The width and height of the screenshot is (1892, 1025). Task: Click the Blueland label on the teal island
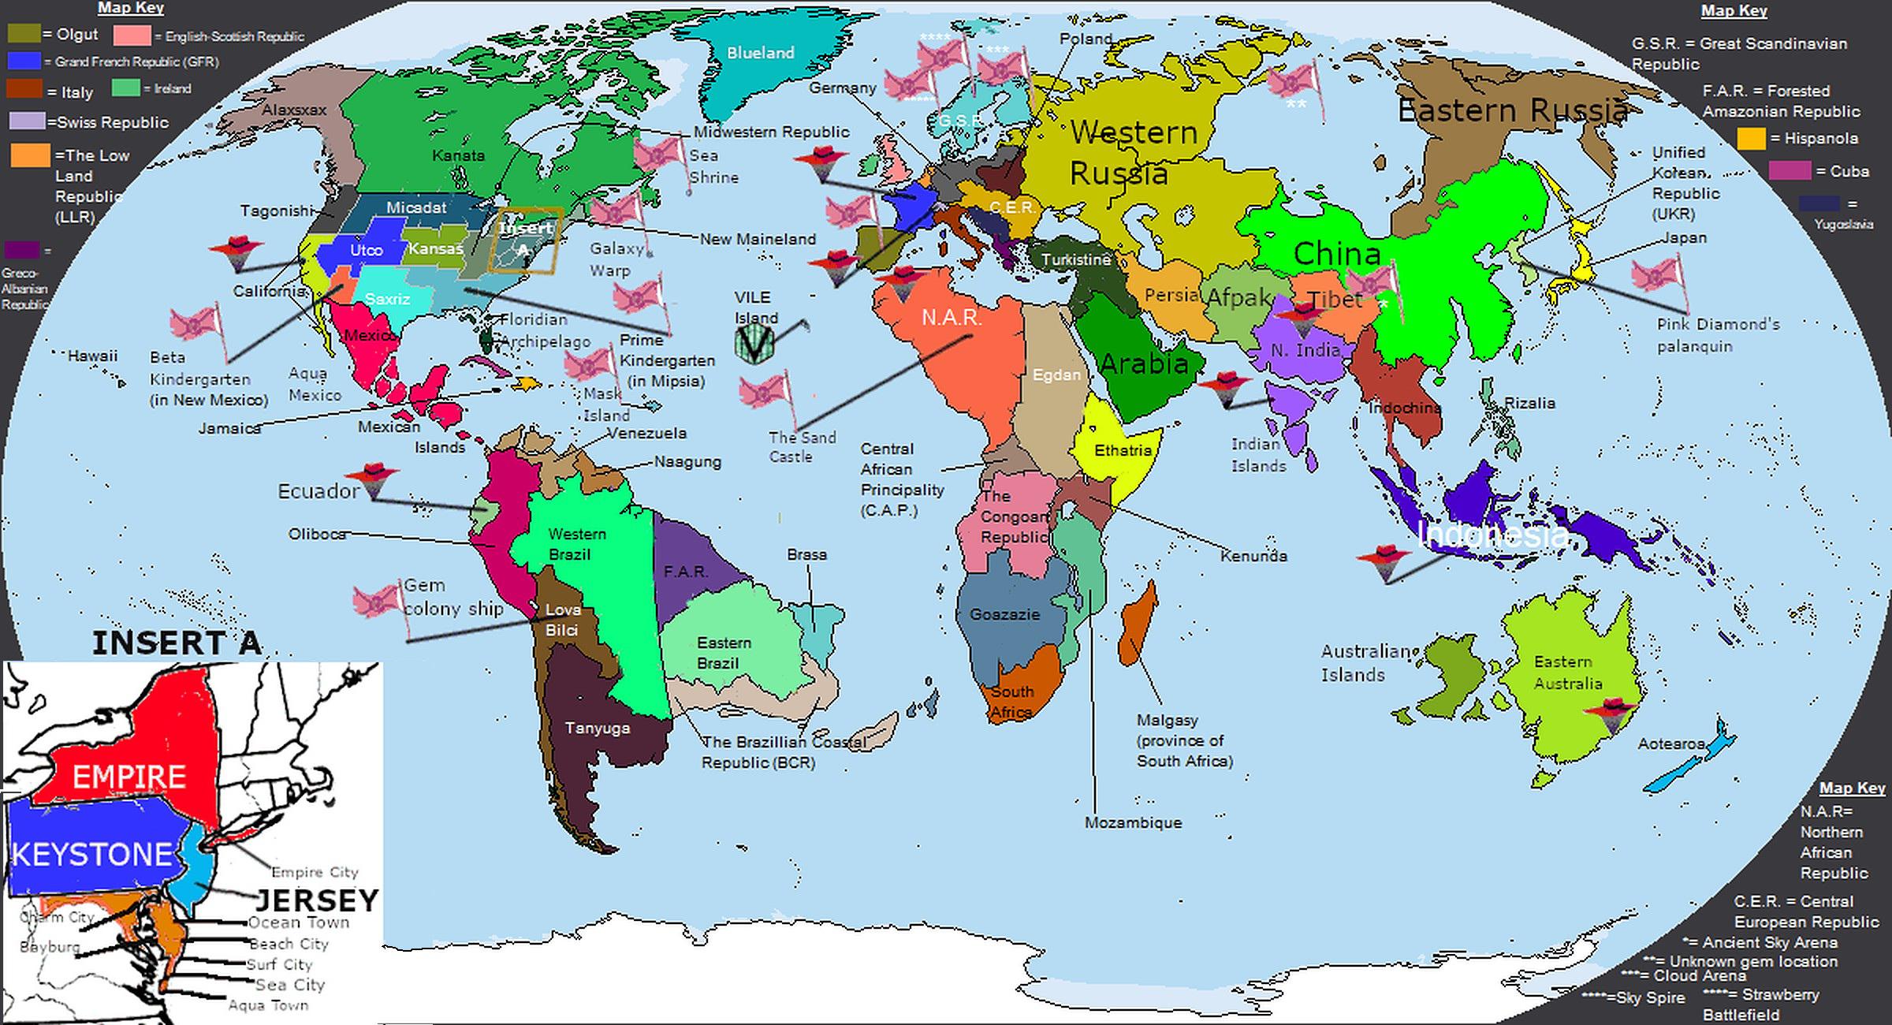coord(760,53)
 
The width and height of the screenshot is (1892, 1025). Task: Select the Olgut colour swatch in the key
coord(24,34)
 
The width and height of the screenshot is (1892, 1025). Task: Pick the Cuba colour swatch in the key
coord(1789,171)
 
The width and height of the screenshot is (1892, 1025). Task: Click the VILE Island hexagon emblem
coord(754,345)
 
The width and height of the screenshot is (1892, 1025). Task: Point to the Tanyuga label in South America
coord(598,728)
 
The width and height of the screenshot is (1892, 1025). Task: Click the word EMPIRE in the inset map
coord(129,777)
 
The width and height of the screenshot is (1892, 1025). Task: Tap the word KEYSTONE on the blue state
coord(92,855)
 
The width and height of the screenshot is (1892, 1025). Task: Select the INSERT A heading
coord(177,643)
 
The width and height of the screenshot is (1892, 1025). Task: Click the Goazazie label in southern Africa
coord(1004,614)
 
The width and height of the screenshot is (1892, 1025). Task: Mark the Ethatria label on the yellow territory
coord(1123,450)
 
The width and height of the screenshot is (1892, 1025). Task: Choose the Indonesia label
coord(1492,535)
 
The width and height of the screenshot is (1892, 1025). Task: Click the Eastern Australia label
coord(1567,673)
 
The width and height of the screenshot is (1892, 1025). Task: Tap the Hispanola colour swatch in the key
coord(1751,139)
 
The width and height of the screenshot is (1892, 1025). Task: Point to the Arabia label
coord(1144,363)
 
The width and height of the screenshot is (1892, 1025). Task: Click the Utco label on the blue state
coord(366,250)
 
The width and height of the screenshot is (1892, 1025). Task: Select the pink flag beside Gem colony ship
coord(378,601)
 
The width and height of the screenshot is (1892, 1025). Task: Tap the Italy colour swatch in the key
coord(23,88)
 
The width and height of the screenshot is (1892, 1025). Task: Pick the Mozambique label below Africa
coord(1133,822)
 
